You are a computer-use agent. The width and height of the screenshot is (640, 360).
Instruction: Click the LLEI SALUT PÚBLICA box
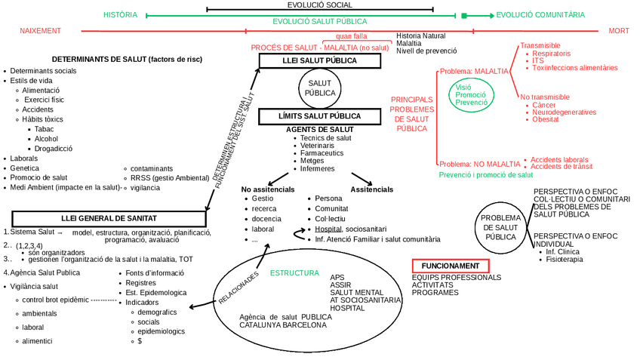coord(319,61)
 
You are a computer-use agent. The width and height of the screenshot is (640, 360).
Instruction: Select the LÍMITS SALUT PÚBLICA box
coord(319,116)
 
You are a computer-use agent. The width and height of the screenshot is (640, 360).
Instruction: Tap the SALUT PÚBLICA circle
coord(320,88)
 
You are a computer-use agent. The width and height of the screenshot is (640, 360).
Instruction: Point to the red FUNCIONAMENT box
coord(451,266)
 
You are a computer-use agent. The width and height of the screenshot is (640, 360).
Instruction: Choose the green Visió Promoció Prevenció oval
coord(471,94)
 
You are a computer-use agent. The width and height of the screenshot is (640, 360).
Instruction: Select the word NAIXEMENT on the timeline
coord(40,31)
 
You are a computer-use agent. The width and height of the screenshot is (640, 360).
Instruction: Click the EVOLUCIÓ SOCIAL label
coord(319,5)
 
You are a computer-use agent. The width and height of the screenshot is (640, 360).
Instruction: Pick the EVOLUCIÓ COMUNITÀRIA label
coord(540,14)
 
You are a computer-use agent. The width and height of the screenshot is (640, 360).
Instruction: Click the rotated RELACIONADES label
coord(238,287)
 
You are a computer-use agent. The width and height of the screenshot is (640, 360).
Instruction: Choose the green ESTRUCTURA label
coord(294,272)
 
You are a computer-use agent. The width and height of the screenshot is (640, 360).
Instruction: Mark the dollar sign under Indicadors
coord(140,341)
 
